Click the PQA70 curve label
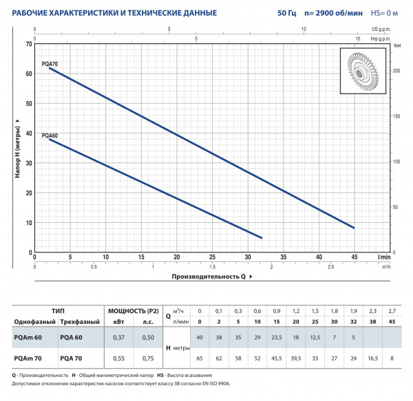point(50,63)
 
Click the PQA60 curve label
point(50,136)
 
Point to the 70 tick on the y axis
point(29,43)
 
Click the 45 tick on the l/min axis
point(354,257)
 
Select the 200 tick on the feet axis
point(395,71)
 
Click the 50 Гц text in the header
point(297,12)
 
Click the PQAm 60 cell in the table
point(28,337)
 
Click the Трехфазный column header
point(75,323)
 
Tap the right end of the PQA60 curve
point(262,238)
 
